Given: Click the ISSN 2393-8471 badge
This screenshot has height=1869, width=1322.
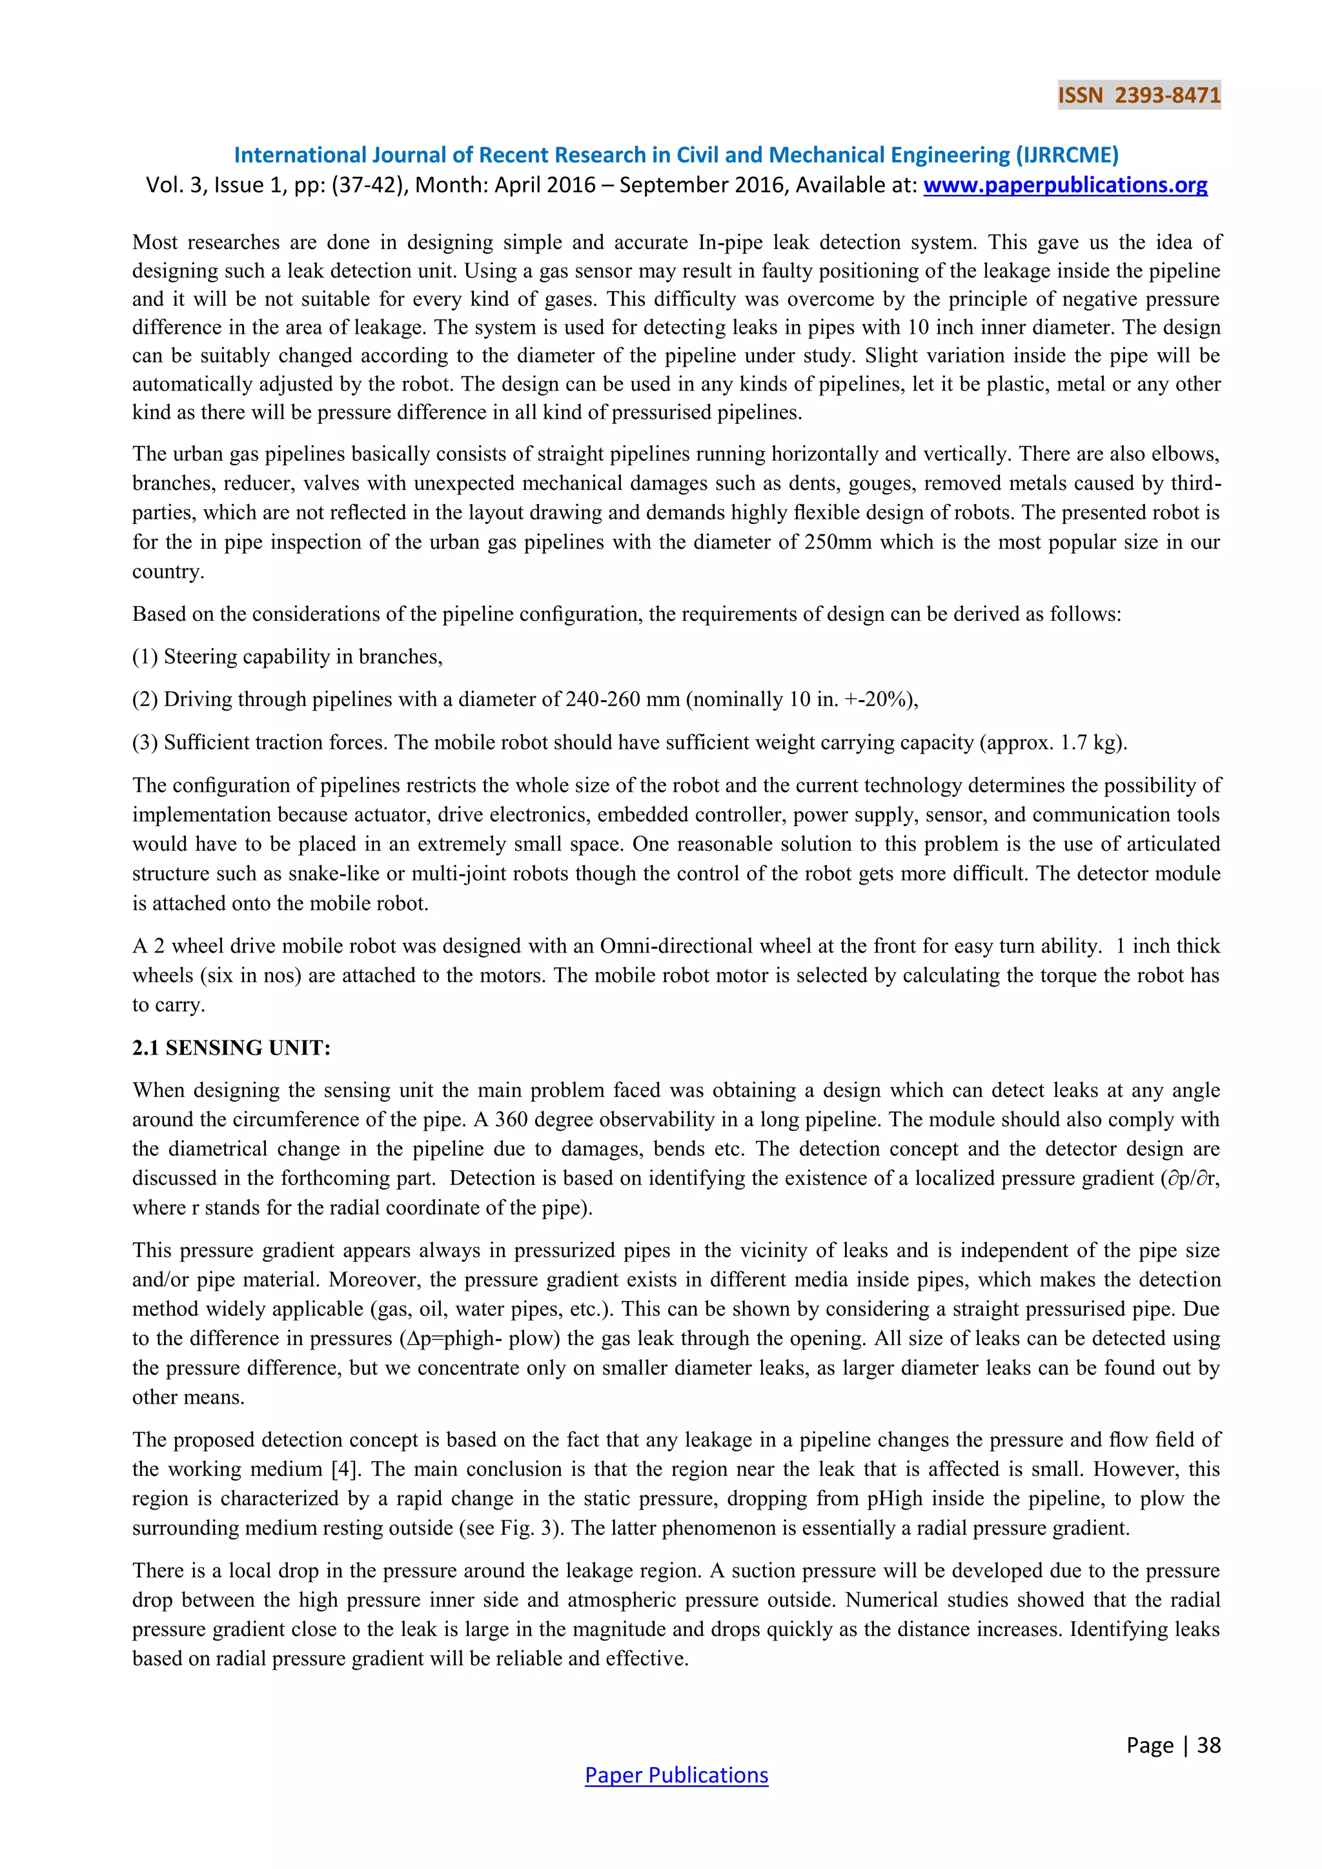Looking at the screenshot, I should (1139, 96).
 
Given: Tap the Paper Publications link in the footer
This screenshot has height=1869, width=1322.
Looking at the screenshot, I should (676, 1775).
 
